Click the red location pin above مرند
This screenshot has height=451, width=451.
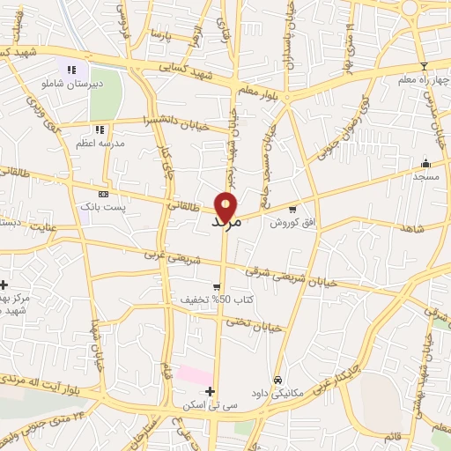[226, 206]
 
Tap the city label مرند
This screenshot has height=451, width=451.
[226, 224]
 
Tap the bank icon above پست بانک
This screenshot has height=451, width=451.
[103, 194]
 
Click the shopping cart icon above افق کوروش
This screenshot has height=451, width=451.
[292, 209]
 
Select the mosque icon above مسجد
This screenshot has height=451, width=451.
[426, 163]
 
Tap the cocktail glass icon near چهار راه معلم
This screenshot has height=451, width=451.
[424, 66]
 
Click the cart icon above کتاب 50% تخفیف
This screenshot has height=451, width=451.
[216, 287]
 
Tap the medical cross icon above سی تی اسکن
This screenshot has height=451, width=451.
[210, 392]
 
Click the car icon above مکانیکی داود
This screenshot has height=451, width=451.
[277, 381]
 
